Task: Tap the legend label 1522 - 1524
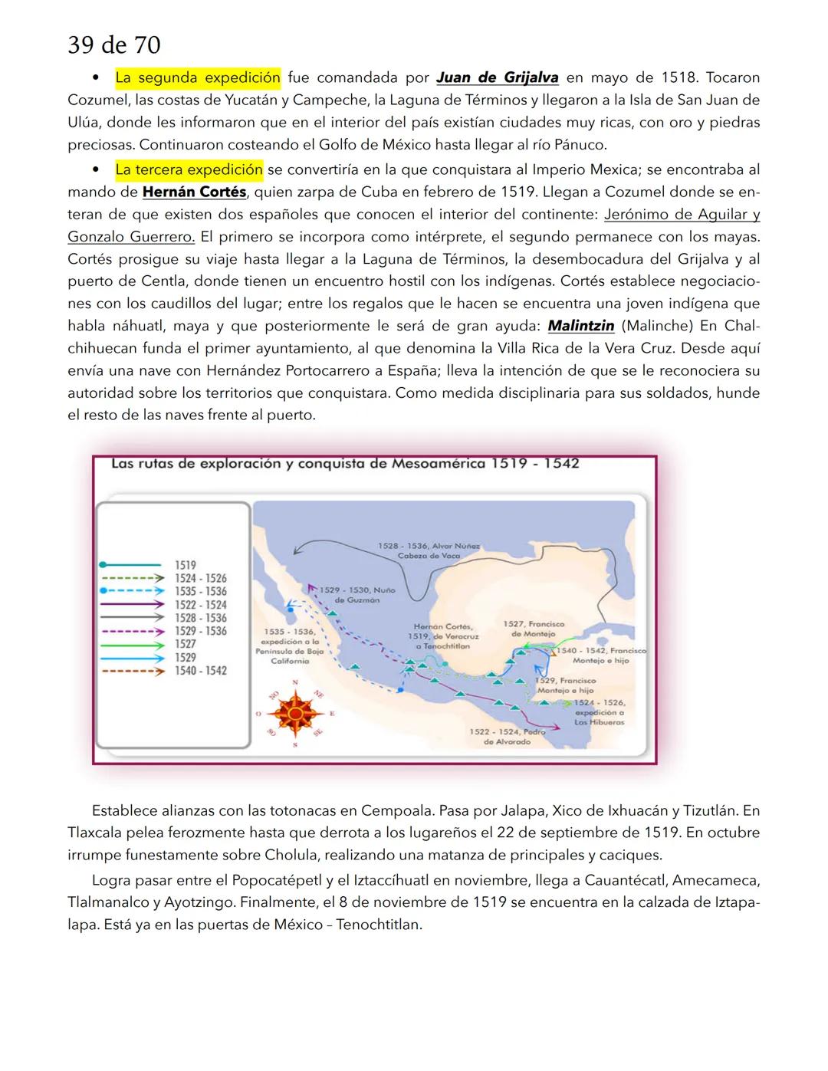(x=201, y=605)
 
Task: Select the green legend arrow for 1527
(x=131, y=645)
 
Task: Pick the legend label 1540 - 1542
(x=201, y=671)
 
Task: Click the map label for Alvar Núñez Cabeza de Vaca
(x=429, y=550)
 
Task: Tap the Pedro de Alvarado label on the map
(x=507, y=737)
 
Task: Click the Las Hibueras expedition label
(x=600, y=712)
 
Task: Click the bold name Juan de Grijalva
(x=497, y=77)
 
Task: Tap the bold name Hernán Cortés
(x=194, y=192)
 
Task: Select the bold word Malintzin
(x=581, y=326)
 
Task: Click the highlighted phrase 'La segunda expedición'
(x=198, y=77)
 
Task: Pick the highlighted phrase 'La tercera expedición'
(x=189, y=169)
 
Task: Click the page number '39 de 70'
(x=114, y=45)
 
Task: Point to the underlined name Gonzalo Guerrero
(x=131, y=237)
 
